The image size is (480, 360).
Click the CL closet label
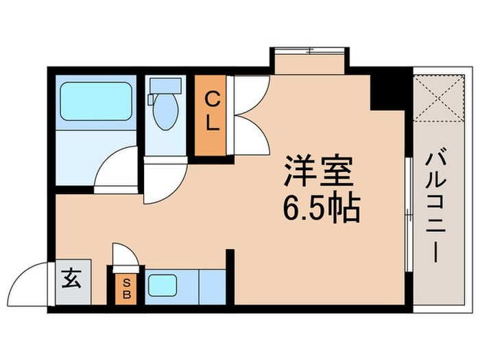[213, 114]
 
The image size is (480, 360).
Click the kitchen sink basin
[163, 284]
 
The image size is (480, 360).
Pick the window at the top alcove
[310, 50]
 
